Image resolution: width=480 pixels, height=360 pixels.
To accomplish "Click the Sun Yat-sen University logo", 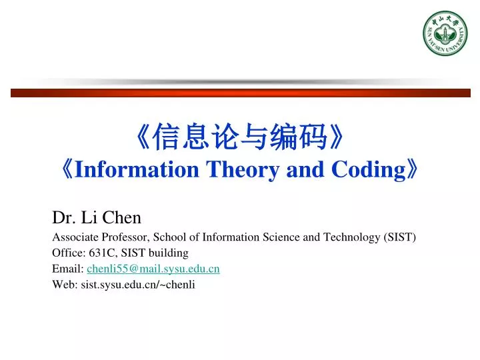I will click(445, 34).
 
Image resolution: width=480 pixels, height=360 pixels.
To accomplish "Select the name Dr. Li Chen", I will click(97, 217).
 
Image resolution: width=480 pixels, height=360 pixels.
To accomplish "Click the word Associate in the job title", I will click(75, 237).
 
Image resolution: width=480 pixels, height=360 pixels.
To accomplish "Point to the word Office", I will click(66, 253).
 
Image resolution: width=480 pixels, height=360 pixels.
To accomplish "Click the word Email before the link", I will click(67, 269).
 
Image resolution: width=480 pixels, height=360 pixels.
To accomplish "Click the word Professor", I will click(125, 237).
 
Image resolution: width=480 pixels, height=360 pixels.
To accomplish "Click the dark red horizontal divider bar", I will click(240, 93).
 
